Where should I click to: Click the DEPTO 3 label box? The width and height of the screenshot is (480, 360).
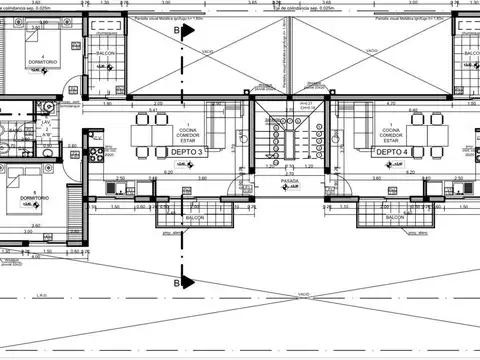(187, 152)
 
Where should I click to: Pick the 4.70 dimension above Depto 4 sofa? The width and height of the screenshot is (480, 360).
(392, 104)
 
